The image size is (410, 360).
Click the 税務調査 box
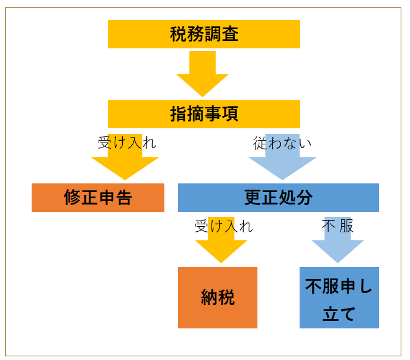204,34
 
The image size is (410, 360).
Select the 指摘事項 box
204,114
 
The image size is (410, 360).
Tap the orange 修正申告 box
98,198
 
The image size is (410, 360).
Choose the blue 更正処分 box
279,198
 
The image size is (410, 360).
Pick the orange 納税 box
218,297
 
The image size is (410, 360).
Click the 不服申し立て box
339,297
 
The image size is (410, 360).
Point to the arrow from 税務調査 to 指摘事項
202,74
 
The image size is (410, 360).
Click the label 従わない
282,143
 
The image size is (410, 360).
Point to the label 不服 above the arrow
337,226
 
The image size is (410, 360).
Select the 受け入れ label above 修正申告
127,143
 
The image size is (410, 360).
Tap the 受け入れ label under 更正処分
224,226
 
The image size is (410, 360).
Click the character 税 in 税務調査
179,34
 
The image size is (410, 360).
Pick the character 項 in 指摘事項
230,114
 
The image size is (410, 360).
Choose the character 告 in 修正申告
123,198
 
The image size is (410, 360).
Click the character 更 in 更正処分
252,198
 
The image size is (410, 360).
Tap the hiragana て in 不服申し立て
347,314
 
